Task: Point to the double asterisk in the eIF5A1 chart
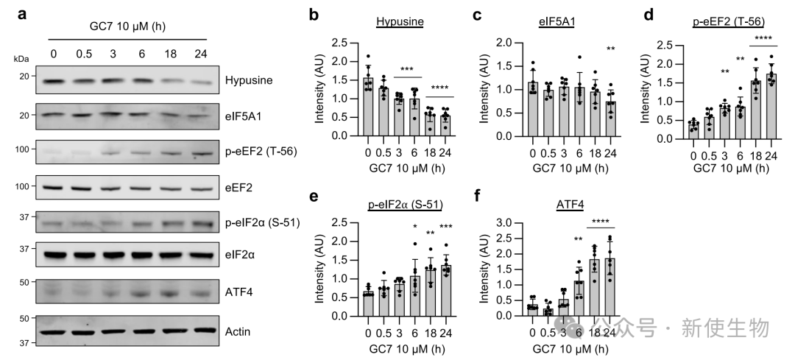611,49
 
